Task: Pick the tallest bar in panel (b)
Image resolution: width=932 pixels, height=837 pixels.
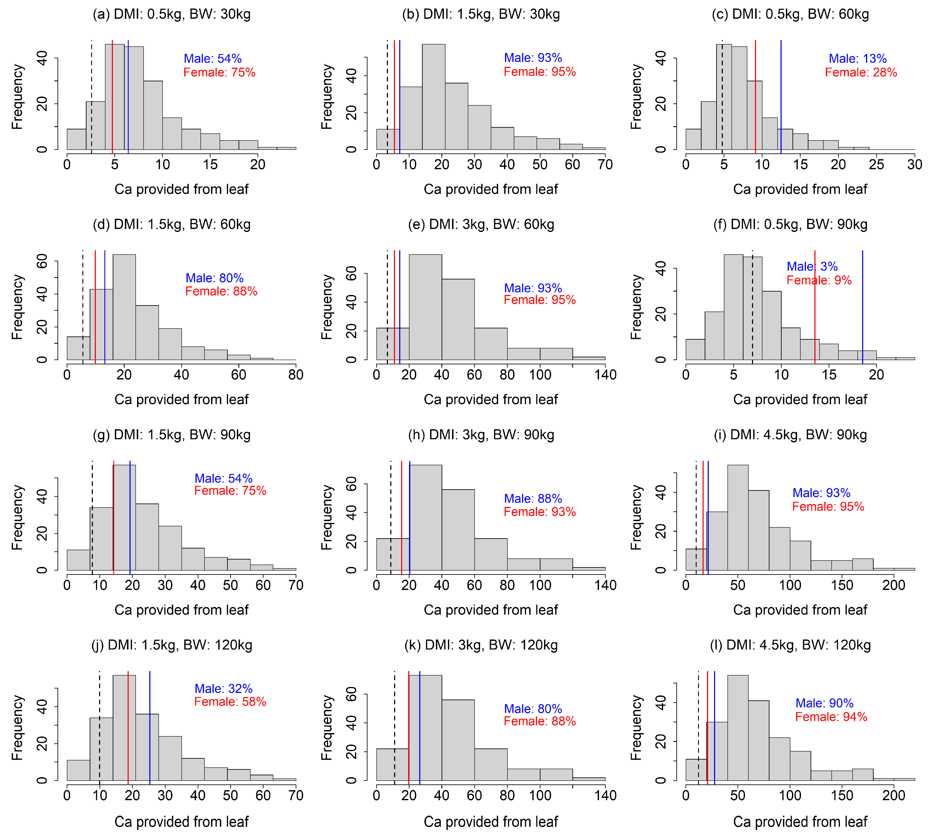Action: pos(434,97)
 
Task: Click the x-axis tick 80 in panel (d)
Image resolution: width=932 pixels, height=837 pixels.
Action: pos(295,375)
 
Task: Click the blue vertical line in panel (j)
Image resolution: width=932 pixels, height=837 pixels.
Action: pos(150,727)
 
